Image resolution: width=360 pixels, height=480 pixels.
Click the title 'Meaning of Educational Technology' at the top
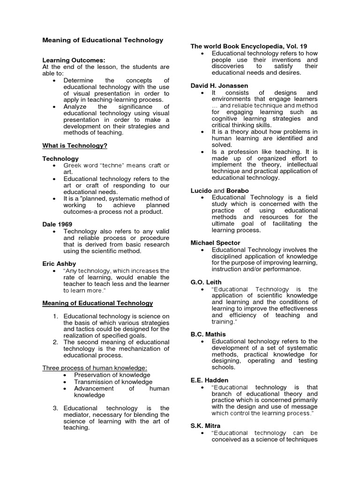click(103, 40)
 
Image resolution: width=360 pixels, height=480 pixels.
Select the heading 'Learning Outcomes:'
click(74, 60)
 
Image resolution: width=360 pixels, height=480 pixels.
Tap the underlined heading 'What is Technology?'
click(75, 146)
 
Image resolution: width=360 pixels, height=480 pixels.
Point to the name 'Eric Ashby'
click(59, 264)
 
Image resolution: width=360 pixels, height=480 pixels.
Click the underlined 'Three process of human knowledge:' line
click(95, 368)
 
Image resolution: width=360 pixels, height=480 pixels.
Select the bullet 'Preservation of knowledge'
click(112, 375)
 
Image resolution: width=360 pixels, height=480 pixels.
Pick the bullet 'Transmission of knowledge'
click(113, 382)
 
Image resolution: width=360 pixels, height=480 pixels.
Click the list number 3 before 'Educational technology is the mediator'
click(55, 408)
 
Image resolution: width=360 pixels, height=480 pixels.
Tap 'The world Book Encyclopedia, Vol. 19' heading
click(248, 46)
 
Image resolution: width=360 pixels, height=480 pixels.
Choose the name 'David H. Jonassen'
click(219, 86)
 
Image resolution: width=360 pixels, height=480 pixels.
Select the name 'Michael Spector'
click(215, 243)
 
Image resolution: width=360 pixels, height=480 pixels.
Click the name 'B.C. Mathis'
click(208, 334)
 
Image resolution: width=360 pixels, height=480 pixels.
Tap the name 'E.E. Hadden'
click(209, 380)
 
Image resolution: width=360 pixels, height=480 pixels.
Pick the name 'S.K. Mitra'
click(205, 426)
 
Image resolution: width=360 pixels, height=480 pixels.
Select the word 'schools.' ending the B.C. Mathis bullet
click(224, 367)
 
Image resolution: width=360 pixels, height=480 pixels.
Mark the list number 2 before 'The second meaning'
click(55, 342)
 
